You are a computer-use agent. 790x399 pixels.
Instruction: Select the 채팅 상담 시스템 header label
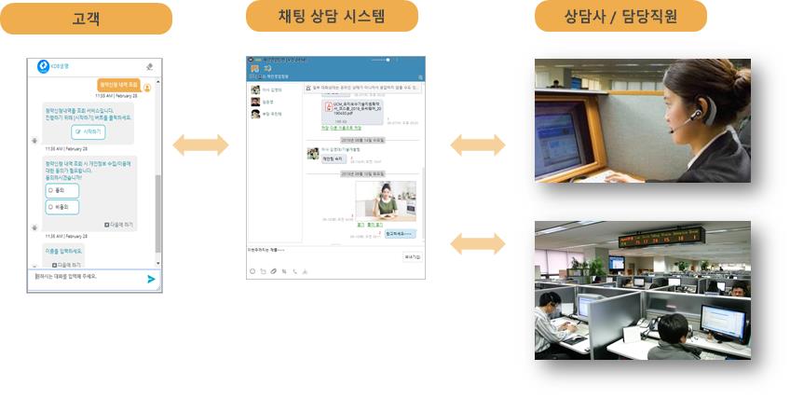pyautogui.click(x=332, y=17)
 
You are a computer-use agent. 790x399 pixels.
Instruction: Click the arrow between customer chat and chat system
pyautogui.click(x=200, y=144)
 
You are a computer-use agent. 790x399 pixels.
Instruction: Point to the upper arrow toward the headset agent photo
pyautogui.click(x=478, y=144)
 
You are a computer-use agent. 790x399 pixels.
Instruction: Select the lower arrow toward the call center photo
pyautogui.click(x=478, y=244)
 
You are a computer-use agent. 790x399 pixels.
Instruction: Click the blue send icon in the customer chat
pyautogui.click(x=151, y=278)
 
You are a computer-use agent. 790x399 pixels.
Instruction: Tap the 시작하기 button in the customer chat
pyautogui.click(x=89, y=132)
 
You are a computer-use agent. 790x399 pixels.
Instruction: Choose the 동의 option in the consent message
pyautogui.click(x=61, y=190)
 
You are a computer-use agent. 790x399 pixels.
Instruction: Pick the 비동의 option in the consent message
pyautogui.click(x=61, y=206)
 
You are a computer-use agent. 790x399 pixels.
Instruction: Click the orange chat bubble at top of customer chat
pyautogui.click(x=116, y=84)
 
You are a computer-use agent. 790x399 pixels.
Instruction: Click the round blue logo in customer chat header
pyautogui.click(x=43, y=66)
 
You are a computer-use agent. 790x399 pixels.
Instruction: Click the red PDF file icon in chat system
pyautogui.click(x=328, y=106)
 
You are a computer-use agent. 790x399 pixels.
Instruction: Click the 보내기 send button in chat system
pyautogui.click(x=412, y=256)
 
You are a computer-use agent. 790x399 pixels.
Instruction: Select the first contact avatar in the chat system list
pyautogui.click(x=254, y=89)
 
